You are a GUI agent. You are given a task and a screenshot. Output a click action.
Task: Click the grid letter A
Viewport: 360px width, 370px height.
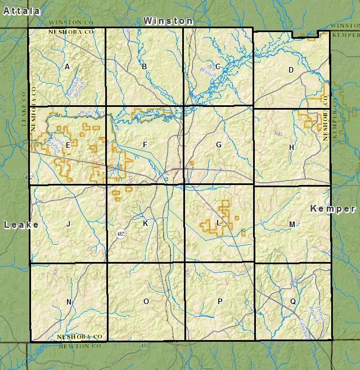point(67,67)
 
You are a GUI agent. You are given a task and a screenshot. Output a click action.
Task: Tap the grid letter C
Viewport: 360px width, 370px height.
point(218,67)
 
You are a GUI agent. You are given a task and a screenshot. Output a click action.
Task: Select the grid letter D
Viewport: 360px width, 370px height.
point(290,70)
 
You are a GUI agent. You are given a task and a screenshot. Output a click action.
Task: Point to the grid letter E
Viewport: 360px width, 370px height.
point(68,145)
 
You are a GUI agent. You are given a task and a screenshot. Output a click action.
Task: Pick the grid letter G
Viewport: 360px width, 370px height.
point(219,145)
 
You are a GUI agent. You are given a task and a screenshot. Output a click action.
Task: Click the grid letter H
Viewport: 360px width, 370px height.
point(291,147)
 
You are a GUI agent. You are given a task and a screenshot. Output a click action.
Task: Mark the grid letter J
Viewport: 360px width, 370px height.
point(68,224)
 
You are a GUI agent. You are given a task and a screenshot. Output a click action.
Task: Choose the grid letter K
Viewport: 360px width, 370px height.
point(145,223)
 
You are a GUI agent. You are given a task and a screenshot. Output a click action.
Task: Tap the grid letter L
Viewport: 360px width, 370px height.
point(219,223)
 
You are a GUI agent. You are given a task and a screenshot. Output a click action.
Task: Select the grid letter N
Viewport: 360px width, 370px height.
point(69,302)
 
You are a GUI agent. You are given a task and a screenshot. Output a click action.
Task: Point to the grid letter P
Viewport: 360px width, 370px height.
point(220,301)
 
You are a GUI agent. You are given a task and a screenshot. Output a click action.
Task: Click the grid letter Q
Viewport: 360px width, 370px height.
point(292,302)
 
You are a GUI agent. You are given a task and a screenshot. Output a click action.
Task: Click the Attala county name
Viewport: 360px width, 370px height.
point(22,11)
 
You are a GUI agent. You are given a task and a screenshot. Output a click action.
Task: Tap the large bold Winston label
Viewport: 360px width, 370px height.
point(168,20)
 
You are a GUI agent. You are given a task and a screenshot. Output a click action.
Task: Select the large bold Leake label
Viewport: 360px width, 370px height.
point(21,224)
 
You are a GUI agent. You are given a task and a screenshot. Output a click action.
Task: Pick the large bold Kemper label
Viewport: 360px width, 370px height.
point(332,209)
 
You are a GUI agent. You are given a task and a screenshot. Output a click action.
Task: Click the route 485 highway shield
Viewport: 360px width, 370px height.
point(121,234)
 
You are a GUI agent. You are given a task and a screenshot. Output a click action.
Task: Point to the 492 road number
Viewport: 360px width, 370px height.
point(145,346)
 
